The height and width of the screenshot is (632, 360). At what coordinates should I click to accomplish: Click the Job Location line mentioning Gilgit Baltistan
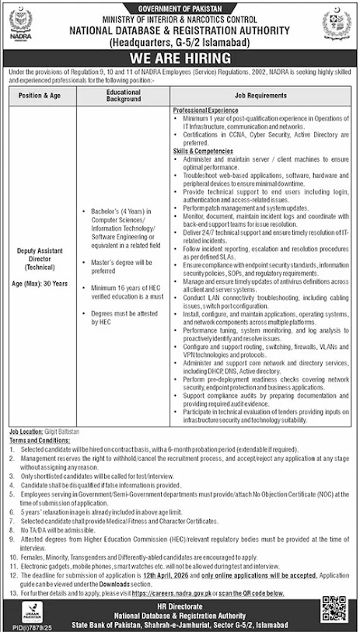(58, 430)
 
